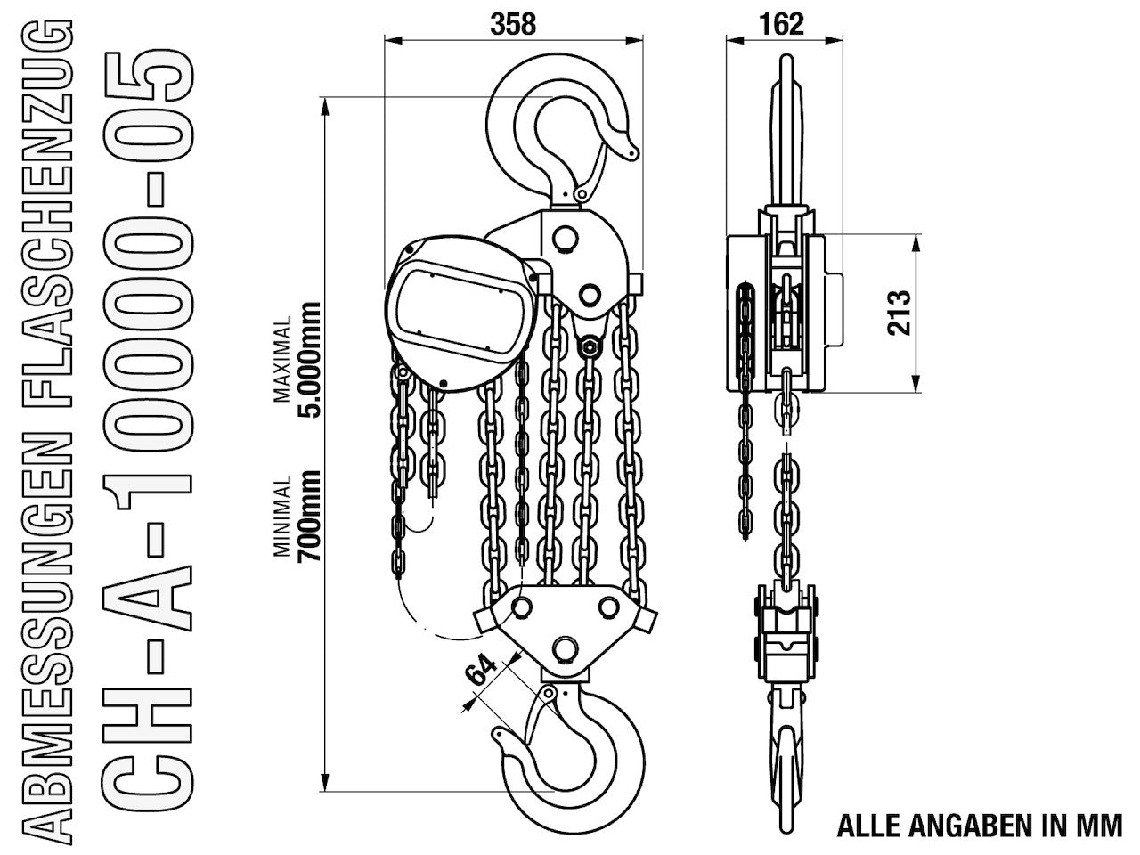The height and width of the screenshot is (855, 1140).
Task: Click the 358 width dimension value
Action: [513, 24]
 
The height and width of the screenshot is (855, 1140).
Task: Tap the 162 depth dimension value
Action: [781, 24]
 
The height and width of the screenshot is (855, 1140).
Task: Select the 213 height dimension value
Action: [899, 313]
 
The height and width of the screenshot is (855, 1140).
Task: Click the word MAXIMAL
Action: [282, 359]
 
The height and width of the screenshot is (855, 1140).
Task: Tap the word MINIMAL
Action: [282, 516]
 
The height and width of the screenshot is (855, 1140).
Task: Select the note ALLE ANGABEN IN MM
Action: [980, 826]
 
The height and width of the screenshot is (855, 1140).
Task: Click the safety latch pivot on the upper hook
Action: [581, 195]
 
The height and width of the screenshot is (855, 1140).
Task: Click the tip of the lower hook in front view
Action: [497, 734]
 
